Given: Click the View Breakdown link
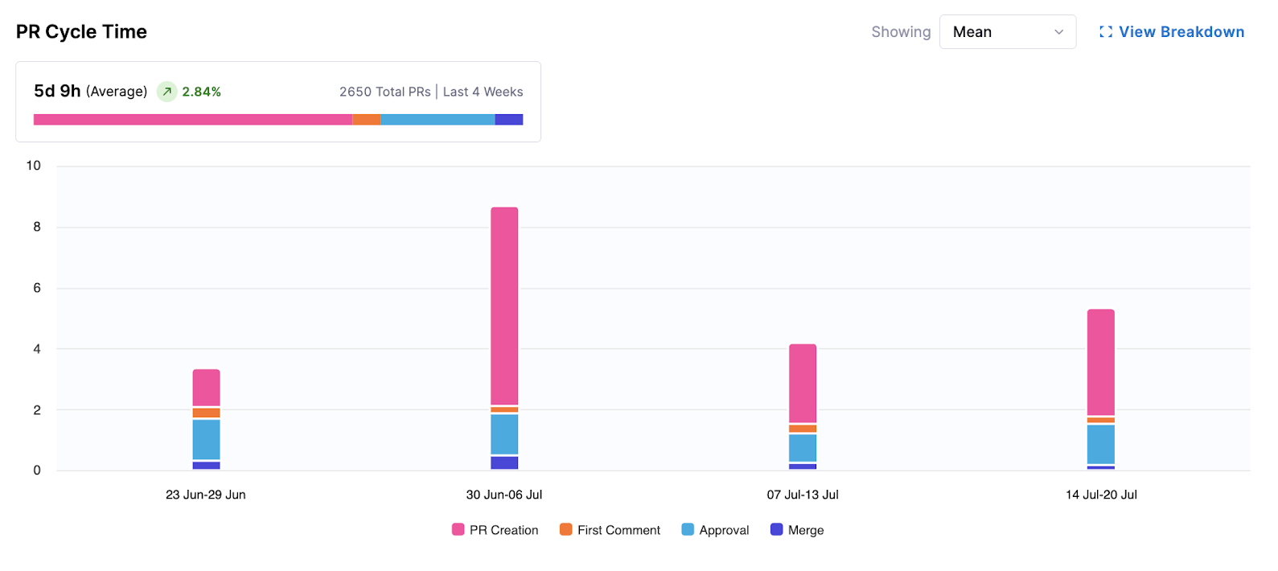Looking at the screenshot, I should click(1172, 32).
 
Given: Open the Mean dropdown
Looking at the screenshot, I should click(1007, 32).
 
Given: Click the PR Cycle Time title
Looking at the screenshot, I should click(81, 32).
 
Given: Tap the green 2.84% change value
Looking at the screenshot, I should click(201, 92).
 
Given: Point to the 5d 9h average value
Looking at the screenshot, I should click(57, 91).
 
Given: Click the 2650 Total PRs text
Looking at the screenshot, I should click(384, 92).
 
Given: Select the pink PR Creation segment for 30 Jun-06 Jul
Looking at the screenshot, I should click(504, 306).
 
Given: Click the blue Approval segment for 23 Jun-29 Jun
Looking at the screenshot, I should click(206, 439).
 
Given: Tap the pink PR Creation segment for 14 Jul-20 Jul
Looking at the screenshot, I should click(1100, 362).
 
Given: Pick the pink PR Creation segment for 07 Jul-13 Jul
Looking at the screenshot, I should click(803, 383).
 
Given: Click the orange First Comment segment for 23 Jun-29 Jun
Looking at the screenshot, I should click(206, 413).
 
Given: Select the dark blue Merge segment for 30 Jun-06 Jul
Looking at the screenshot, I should click(504, 462).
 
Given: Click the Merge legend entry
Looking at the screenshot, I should click(797, 530).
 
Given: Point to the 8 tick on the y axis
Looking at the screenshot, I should click(37, 227).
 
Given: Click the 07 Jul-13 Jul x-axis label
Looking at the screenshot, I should click(803, 495).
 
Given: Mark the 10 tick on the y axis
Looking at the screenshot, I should click(34, 166).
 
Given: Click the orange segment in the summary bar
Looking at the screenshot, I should click(366, 120).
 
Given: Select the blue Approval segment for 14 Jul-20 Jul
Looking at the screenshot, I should click(1100, 444).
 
